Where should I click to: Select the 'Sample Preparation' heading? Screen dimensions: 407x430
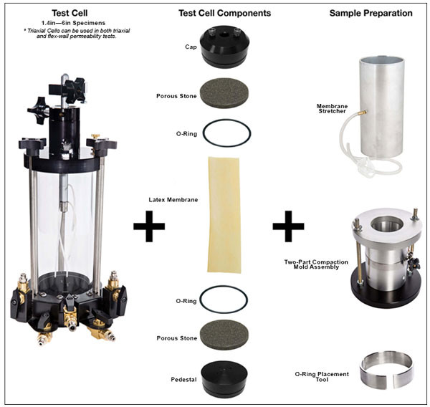[x=371, y=14]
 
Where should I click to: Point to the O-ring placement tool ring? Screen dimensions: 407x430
[x=387, y=372]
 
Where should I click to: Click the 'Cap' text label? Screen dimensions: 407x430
[x=190, y=47]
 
